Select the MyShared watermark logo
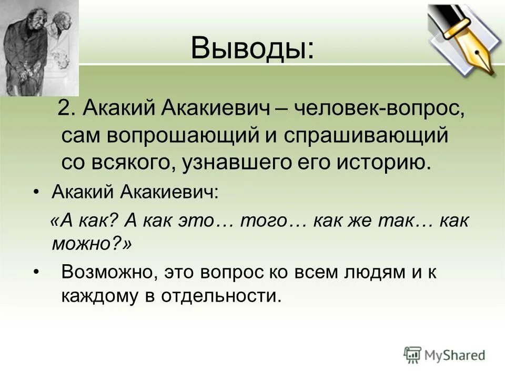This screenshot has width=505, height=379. (445, 355)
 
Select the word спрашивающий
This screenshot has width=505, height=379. (366, 136)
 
